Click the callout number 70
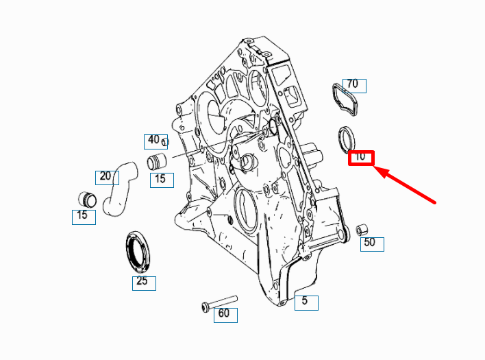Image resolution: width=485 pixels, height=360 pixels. point(353,84)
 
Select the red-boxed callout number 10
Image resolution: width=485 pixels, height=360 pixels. point(360,156)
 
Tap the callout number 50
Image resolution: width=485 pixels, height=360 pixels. point(370,242)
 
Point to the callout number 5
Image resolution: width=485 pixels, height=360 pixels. point(305,300)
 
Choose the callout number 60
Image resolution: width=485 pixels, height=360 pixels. point(223,313)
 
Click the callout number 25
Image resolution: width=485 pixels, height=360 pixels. point(142,280)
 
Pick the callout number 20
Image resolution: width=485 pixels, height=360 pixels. point(105,176)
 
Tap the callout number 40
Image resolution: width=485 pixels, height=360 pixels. point(153,140)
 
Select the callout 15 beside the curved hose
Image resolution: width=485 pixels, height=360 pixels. point(160,179)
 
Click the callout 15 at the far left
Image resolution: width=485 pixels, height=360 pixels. point(82,215)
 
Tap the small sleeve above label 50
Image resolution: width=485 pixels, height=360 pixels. point(361,230)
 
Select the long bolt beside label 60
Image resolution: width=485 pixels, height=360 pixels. point(220,303)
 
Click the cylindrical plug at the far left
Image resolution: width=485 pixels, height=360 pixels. point(87,200)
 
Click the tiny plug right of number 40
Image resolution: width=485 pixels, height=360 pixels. point(165,143)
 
